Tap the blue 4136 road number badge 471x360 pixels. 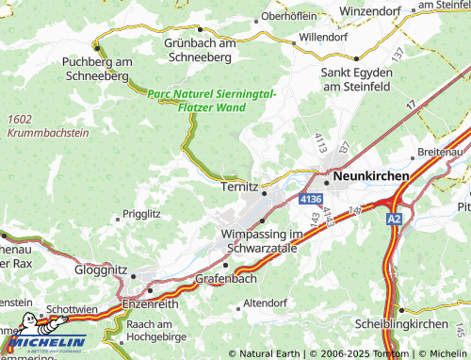point(311,200)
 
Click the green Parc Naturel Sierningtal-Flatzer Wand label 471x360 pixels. point(211,101)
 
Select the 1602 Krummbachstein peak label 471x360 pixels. point(47,125)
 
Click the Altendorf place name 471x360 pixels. point(265,303)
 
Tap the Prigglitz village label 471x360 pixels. point(142,214)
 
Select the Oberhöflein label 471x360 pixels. point(296,16)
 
